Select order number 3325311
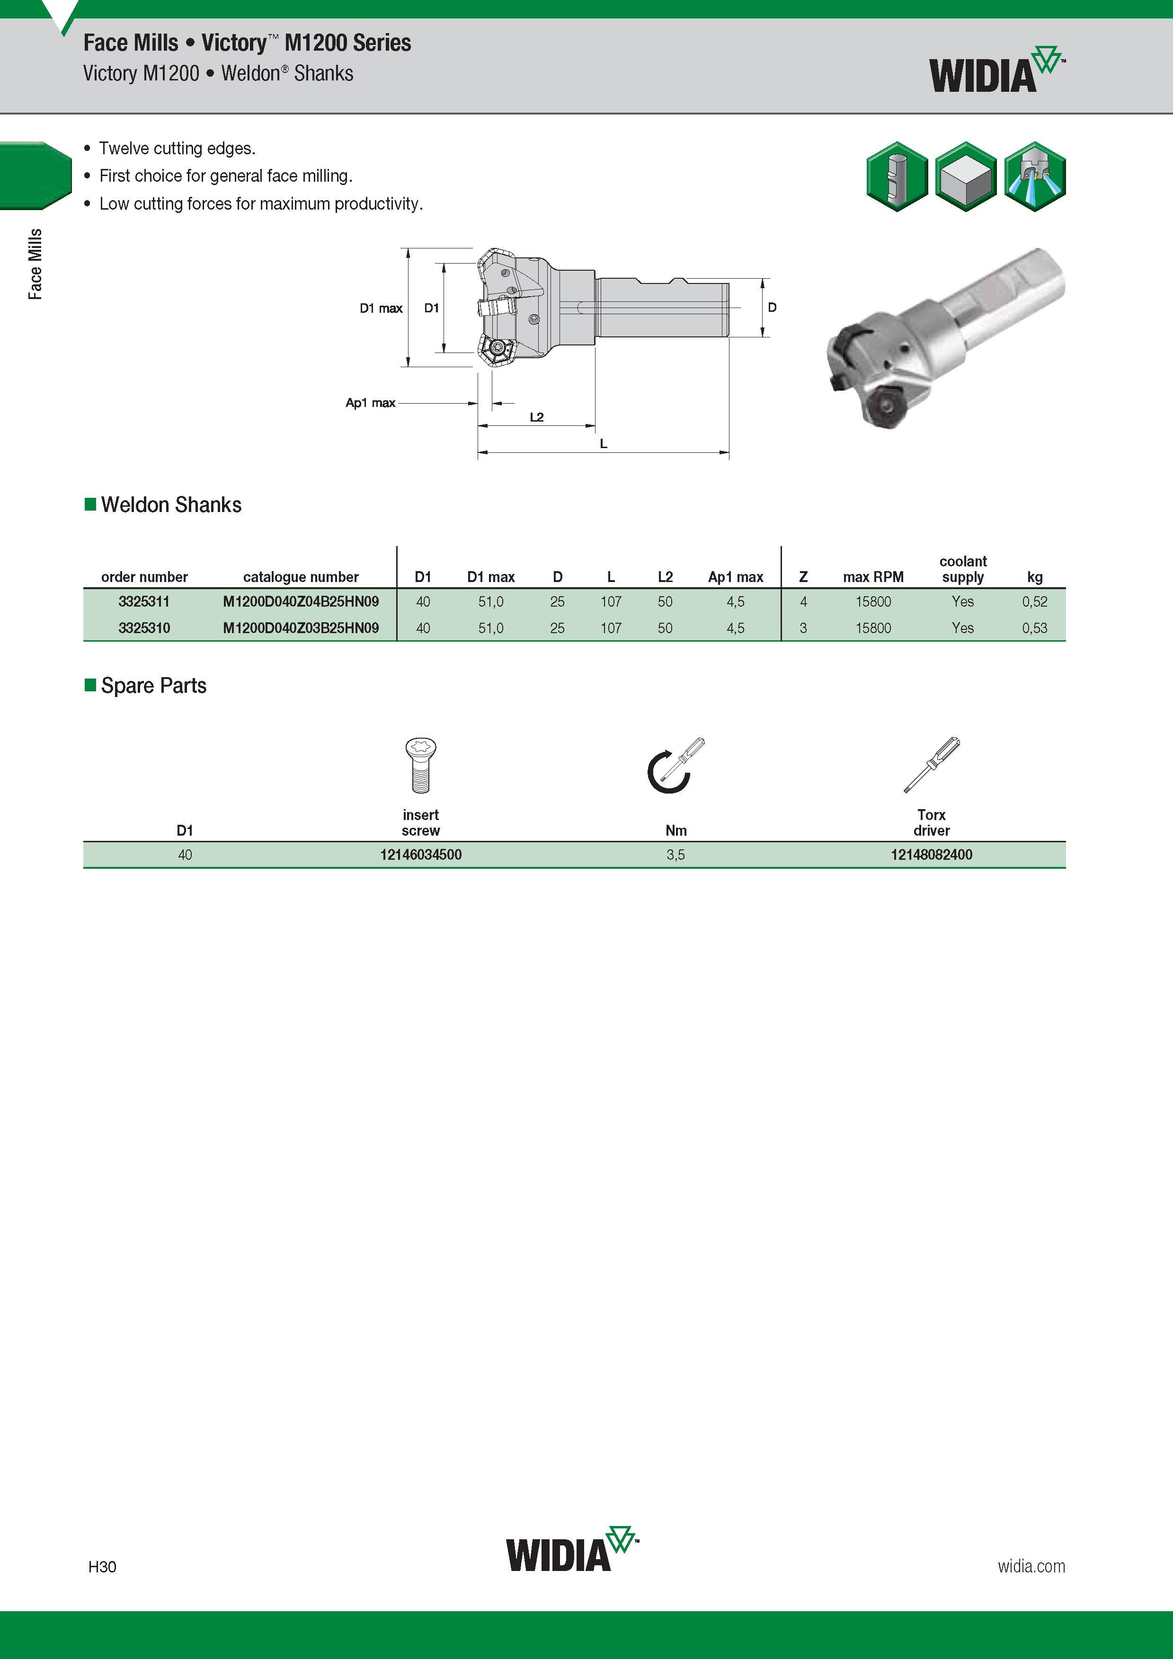point(144,601)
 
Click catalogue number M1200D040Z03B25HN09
point(301,628)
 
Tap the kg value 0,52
point(1034,601)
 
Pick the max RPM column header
point(873,577)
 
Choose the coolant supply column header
point(963,569)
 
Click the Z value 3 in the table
point(803,628)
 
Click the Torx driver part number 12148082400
point(931,855)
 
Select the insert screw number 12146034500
point(421,855)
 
